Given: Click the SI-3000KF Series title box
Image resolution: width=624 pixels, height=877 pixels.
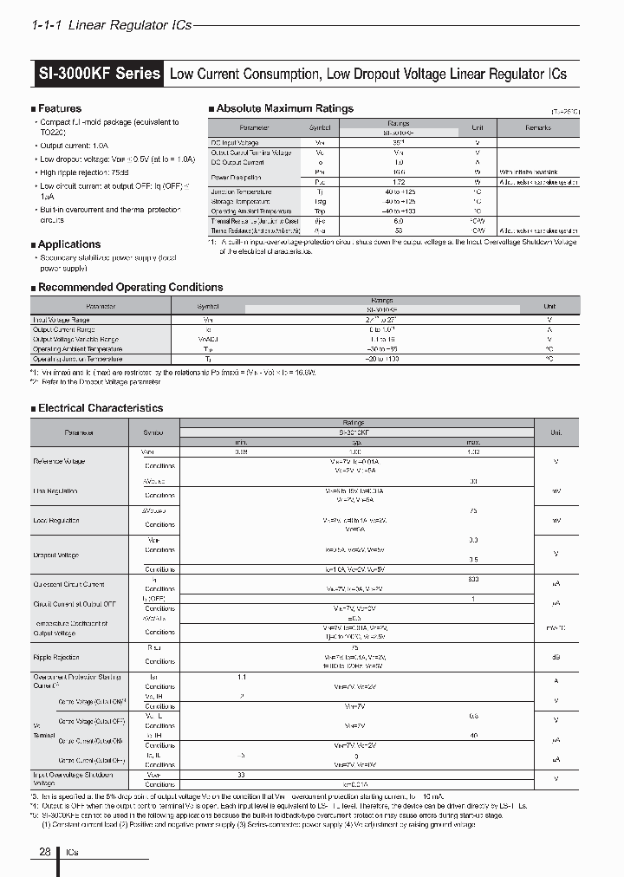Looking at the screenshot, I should [x=99, y=74].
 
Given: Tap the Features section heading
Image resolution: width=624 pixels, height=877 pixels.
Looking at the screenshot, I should [x=59, y=108].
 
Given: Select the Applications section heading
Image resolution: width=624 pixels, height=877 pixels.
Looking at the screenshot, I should [x=68, y=244].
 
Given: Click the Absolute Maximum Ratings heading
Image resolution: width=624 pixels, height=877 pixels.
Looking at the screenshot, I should [x=283, y=108].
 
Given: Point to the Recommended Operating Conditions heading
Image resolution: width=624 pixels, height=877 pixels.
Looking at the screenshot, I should [x=130, y=287].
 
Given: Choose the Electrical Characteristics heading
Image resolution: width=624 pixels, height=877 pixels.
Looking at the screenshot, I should [x=100, y=407].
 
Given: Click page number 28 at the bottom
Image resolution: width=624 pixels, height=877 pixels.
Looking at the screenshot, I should [x=45, y=853].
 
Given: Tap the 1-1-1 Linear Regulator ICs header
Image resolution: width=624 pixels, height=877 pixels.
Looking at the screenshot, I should [x=111, y=26].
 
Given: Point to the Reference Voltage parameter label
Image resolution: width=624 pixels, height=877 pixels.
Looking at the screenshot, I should [x=59, y=461].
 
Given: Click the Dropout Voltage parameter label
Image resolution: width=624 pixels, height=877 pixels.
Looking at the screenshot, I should [x=55, y=555].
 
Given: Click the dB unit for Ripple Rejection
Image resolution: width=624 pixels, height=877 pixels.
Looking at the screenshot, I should [x=556, y=656].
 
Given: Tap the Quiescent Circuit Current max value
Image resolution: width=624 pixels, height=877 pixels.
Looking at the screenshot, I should [x=473, y=579].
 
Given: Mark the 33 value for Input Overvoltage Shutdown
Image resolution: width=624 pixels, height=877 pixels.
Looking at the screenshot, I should [x=241, y=774].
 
